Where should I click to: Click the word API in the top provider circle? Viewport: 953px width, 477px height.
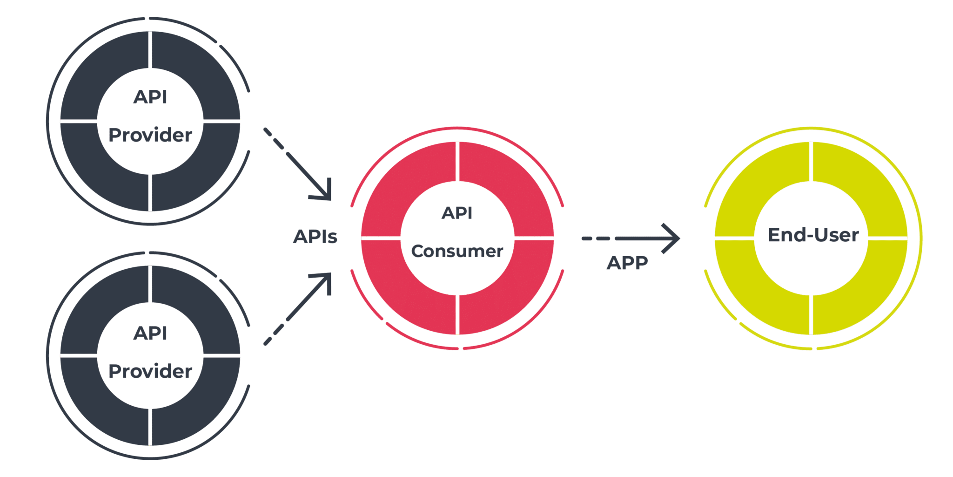click(x=150, y=97)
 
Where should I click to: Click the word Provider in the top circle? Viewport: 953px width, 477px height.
click(x=150, y=135)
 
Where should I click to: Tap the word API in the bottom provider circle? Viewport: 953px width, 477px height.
click(x=150, y=333)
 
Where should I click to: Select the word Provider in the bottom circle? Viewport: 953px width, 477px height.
click(x=150, y=371)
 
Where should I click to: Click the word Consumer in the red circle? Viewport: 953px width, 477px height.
click(x=457, y=251)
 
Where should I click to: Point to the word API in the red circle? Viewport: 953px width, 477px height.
click(x=457, y=213)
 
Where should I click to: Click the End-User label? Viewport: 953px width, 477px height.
click(x=813, y=235)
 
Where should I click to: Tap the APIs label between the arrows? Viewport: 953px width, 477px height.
click(x=315, y=237)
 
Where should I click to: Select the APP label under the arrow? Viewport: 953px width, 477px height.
click(x=627, y=263)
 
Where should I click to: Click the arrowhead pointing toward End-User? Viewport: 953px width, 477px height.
click(x=672, y=238)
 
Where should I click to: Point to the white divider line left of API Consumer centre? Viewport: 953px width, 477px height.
click(x=381, y=238)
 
